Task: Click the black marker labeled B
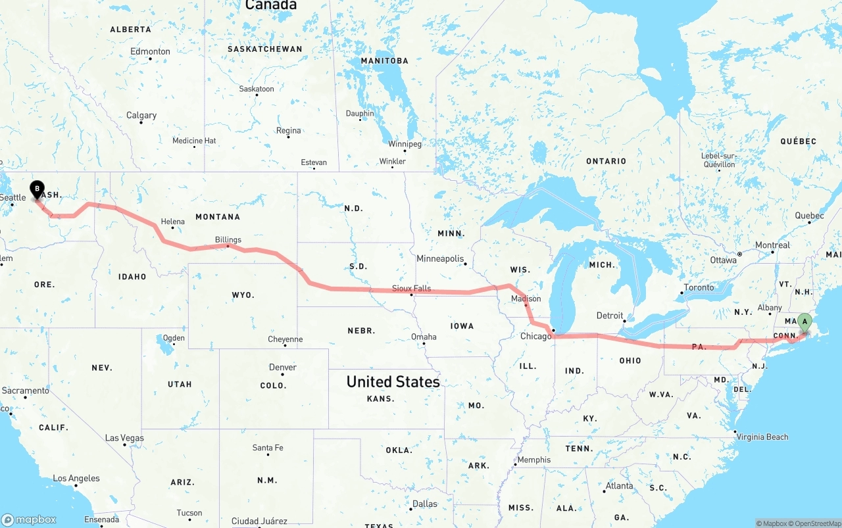pyautogui.click(x=37, y=189)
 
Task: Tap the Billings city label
pyautogui.click(x=228, y=240)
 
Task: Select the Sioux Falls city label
pyautogui.click(x=411, y=289)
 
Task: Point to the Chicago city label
pyautogui.click(x=536, y=337)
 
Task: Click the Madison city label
pyautogui.click(x=526, y=299)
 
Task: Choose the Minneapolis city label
pyautogui.click(x=440, y=259)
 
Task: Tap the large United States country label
pyautogui.click(x=393, y=381)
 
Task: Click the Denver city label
pyautogui.click(x=283, y=368)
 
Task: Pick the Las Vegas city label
pyautogui.click(x=124, y=438)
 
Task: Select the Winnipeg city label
pyautogui.click(x=405, y=143)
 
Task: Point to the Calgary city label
pyautogui.click(x=141, y=116)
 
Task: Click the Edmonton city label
pyautogui.click(x=150, y=51)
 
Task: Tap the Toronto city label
pyautogui.click(x=699, y=287)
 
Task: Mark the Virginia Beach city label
pyautogui.click(x=762, y=437)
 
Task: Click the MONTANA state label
pyautogui.click(x=218, y=217)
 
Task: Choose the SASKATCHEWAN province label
pyautogui.click(x=264, y=49)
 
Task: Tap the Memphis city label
pyautogui.click(x=533, y=460)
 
